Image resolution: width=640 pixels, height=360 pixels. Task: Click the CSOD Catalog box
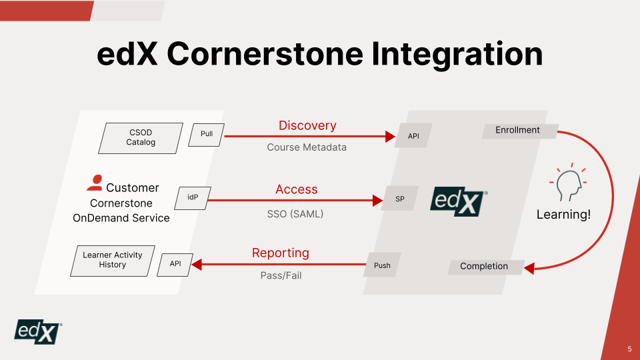point(141,137)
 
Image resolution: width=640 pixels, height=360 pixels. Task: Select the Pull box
point(207,134)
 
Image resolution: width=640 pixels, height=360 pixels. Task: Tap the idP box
point(193,198)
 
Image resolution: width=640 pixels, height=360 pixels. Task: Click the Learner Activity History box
point(113,260)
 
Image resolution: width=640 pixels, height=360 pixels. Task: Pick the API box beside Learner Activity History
point(175,264)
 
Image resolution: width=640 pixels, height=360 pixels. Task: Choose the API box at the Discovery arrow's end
point(414,136)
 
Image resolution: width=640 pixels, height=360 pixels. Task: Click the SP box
point(400,199)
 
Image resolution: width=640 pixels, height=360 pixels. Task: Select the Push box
point(382,265)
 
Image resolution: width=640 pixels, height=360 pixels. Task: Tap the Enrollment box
point(518,131)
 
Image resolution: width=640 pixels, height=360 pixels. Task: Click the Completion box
point(484,267)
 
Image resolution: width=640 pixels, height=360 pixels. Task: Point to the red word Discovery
point(307,125)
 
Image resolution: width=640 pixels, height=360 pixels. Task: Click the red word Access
point(297,189)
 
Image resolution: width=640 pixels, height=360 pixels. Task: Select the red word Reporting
point(281,253)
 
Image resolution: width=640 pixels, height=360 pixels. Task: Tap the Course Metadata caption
point(307,147)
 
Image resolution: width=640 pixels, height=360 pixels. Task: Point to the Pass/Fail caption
point(281,275)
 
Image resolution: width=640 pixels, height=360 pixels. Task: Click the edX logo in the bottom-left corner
point(39,331)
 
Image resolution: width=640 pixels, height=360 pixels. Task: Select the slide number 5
point(629,349)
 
